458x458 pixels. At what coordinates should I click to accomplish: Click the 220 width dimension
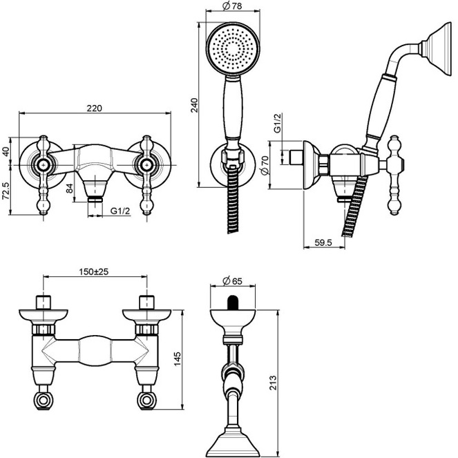[95, 108]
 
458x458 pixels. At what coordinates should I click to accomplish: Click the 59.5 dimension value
[323, 242]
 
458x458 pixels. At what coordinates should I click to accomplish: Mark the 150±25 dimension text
[95, 272]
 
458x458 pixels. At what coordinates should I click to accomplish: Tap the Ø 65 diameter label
[232, 281]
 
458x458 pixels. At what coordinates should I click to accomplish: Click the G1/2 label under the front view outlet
[121, 212]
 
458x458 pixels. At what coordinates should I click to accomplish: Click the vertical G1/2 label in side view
[277, 123]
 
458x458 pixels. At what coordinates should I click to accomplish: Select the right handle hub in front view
[146, 164]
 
